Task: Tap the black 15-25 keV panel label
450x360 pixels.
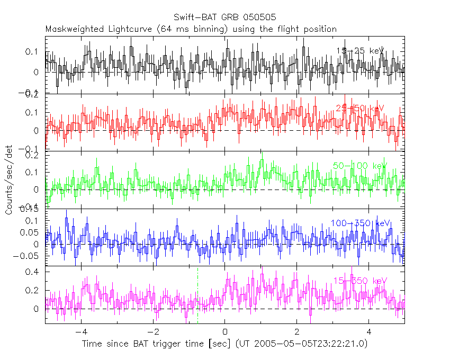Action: tap(359, 51)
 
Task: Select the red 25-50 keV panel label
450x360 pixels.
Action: tap(359, 109)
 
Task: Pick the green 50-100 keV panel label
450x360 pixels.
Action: tap(359, 166)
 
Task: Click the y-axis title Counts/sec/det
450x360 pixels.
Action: tap(8, 180)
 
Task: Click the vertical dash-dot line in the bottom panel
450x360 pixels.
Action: tap(197, 296)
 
